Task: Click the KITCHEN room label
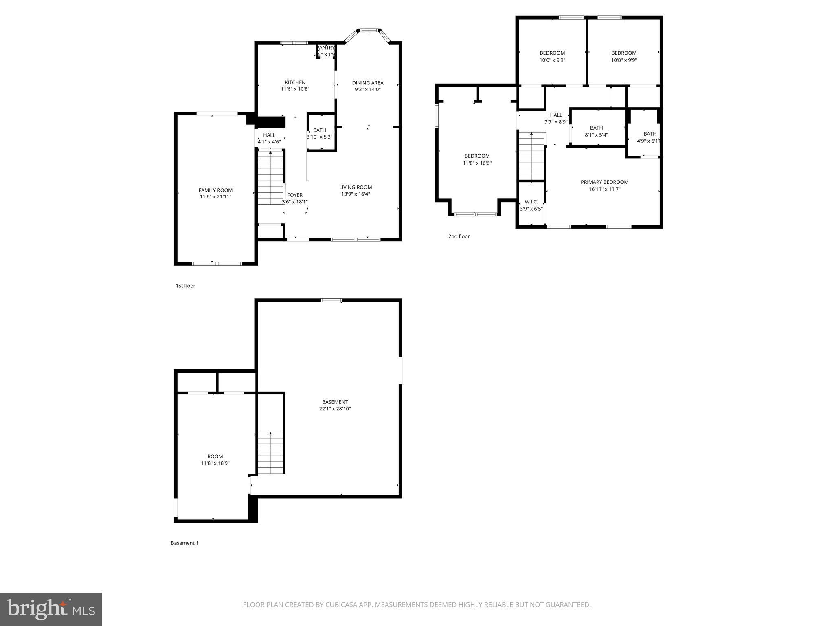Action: [x=295, y=82]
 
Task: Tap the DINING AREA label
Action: [x=367, y=83]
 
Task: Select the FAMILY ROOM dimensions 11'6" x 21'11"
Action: [x=215, y=197]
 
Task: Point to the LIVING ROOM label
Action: [x=356, y=187]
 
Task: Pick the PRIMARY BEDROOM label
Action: [x=604, y=182]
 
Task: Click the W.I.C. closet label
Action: [x=531, y=202]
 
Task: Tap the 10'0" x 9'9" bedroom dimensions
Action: [x=552, y=60]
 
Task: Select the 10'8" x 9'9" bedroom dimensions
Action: [x=624, y=60]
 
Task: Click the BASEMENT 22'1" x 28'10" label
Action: [x=335, y=405]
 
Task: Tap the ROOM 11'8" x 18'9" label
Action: [x=215, y=460]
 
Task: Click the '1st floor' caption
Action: [x=185, y=286]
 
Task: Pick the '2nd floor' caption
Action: [x=459, y=236]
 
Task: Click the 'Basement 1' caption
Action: [x=184, y=543]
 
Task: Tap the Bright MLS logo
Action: [x=51, y=609]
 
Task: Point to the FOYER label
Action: [x=295, y=195]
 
